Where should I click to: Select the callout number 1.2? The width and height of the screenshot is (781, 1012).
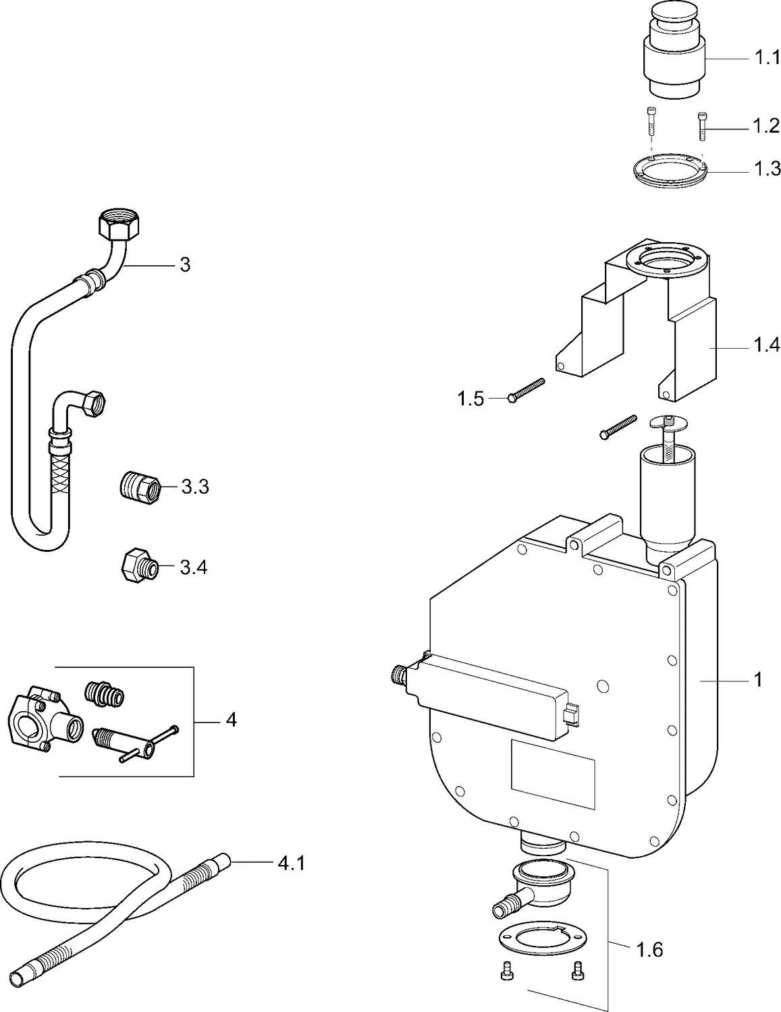[765, 125]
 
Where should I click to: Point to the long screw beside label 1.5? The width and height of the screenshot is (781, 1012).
[527, 390]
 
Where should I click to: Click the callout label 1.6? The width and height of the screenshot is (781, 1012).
[649, 951]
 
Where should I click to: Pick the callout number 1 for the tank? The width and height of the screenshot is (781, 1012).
[757, 680]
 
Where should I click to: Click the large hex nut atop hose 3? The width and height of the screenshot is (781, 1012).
[115, 225]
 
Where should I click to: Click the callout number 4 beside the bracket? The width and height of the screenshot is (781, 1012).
[231, 721]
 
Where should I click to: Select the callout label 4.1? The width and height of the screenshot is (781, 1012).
[291, 862]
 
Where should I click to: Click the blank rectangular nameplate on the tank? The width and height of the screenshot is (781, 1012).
[552, 774]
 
